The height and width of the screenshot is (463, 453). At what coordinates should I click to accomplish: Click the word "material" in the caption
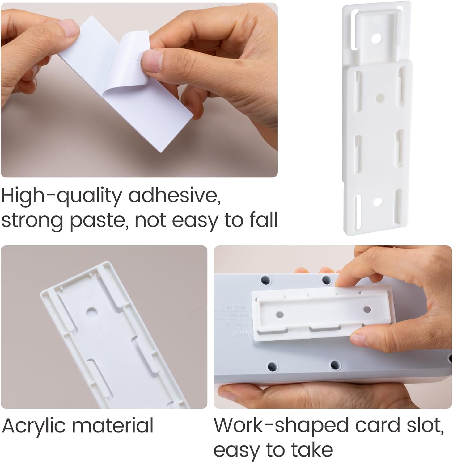click(112, 426)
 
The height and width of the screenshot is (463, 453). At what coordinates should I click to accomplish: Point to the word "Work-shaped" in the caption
click(281, 426)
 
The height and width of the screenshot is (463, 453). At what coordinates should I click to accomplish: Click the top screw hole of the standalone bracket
click(376, 39)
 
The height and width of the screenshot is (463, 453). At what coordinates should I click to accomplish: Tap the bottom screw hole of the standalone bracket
click(377, 202)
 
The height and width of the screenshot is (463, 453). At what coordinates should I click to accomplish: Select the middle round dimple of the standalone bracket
click(379, 98)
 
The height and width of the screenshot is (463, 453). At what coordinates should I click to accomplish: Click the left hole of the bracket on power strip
click(279, 315)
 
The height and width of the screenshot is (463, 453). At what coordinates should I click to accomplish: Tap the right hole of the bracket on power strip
click(367, 309)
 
